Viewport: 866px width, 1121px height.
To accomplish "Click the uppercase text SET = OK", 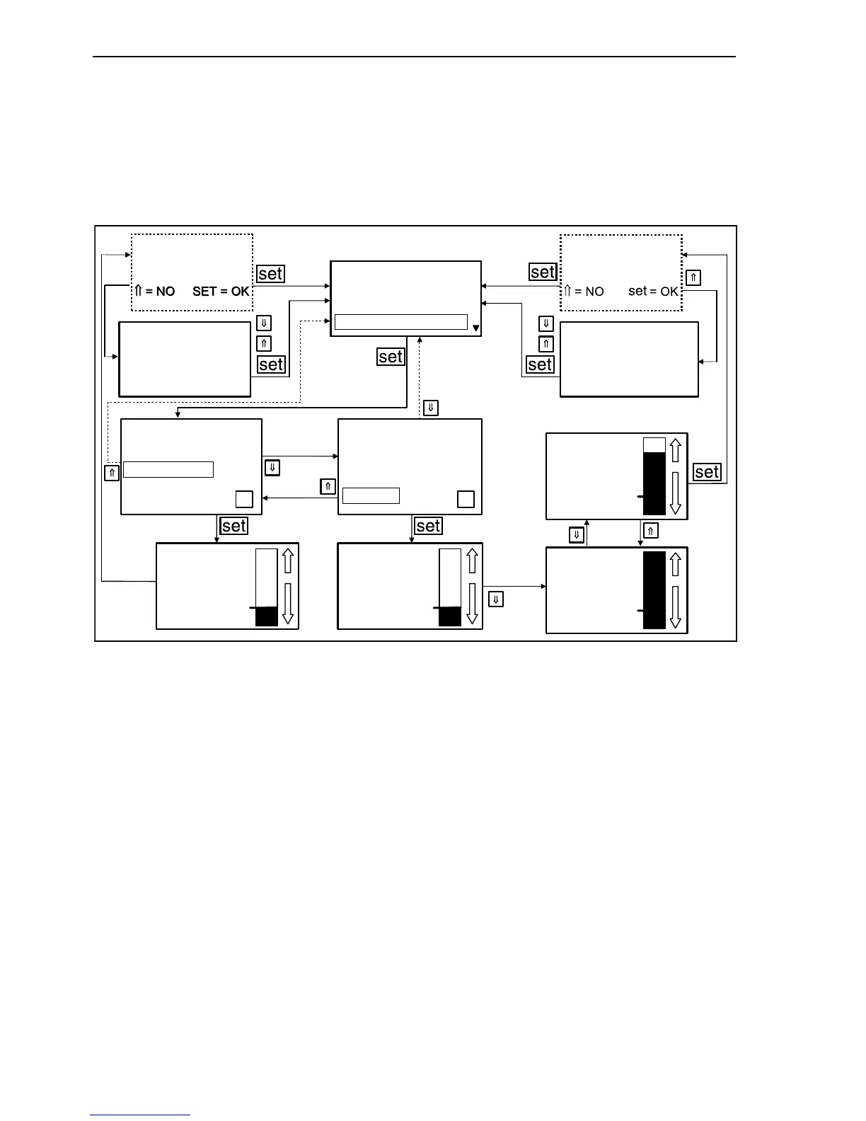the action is (x=221, y=292).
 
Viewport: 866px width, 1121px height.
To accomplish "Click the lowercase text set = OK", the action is (x=653, y=292).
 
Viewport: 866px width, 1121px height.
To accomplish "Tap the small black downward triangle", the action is (x=475, y=328).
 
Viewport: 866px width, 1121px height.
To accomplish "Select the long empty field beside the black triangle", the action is (x=400, y=322).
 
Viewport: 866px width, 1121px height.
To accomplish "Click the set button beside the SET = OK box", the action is (x=270, y=274).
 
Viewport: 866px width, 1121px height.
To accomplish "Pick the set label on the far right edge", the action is (x=707, y=472).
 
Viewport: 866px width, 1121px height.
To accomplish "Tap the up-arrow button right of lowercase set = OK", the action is (x=693, y=277).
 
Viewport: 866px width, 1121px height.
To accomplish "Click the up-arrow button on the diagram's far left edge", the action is (x=112, y=473).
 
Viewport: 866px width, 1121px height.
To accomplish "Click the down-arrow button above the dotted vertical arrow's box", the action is (x=431, y=408).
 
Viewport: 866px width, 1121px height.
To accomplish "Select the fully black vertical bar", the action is (x=654, y=590).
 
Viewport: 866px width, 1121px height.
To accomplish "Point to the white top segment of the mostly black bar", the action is (x=654, y=445).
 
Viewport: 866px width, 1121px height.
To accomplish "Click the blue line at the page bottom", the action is (x=140, y=1115).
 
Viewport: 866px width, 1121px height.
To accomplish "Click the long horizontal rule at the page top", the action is (x=414, y=56).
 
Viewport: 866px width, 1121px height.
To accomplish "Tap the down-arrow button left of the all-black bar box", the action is (x=496, y=599).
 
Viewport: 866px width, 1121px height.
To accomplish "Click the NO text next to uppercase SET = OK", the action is (x=165, y=292).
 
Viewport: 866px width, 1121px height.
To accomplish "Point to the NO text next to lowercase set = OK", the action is (x=594, y=292).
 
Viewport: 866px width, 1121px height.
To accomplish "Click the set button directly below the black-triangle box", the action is (x=391, y=357).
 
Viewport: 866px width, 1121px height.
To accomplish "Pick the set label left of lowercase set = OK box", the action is (x=542, y=272).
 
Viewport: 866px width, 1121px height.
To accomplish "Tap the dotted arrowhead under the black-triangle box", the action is (x=420, y=340).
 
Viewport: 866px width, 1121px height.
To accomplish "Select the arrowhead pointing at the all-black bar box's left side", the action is (x=543, y=586).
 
